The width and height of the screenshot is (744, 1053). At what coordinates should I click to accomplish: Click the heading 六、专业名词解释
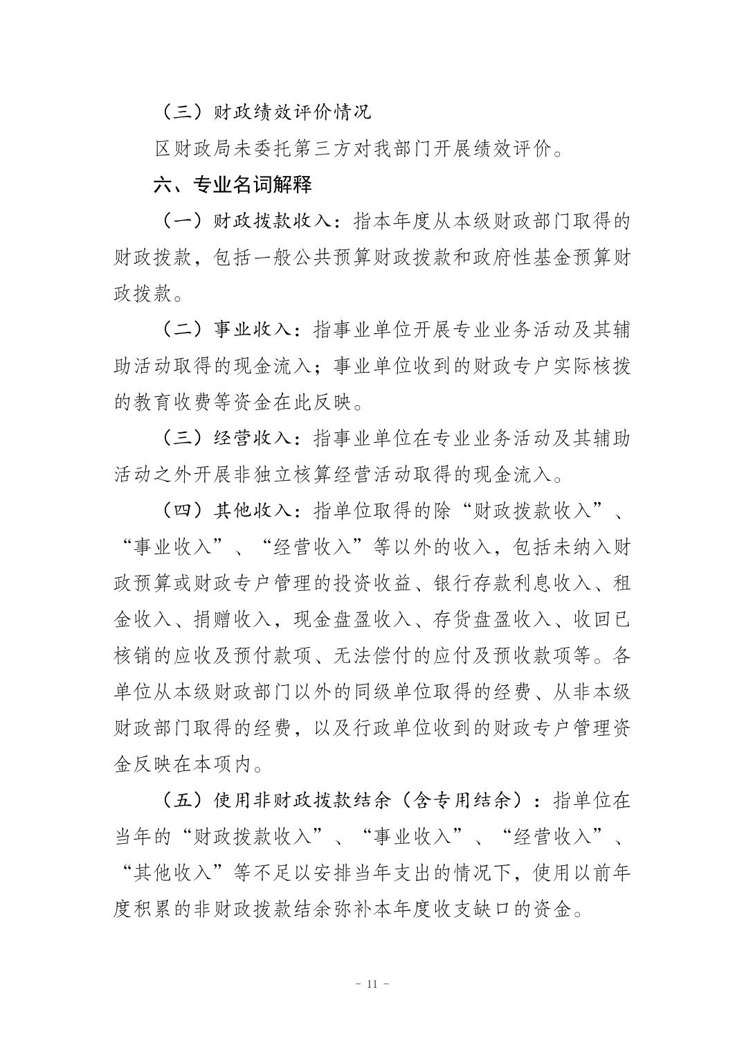click(233, 184)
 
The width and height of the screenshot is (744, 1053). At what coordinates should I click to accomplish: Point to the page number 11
click(372, 984)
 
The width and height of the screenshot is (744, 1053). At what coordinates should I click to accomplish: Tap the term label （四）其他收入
click(228, 511)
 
